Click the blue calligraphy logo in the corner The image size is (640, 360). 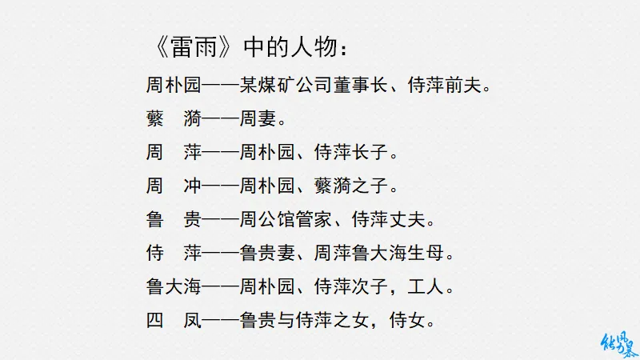click(x=618, y=341)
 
